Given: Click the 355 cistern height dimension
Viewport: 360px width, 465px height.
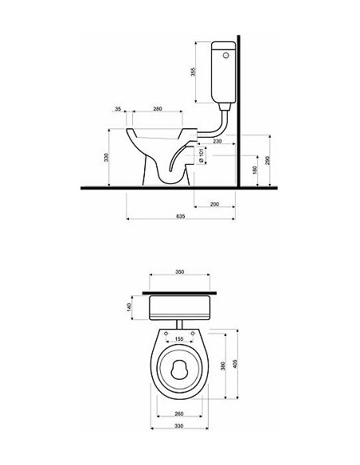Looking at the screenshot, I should tap(194, 71).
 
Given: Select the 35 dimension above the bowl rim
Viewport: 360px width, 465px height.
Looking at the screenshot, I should tap(118, 109).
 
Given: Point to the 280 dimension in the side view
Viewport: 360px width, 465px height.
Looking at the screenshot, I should tap(158, 109).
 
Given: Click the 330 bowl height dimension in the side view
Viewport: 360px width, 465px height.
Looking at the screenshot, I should tap(106, 158).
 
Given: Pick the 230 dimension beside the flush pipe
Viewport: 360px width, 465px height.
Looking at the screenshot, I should tap(217, 141).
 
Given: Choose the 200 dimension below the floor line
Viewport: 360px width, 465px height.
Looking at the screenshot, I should tap(213, 205).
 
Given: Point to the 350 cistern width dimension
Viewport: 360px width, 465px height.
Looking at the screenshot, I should tap(180, 273).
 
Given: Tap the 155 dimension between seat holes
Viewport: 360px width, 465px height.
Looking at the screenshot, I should tap(179, 339).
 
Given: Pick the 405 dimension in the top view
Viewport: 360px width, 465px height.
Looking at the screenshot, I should tap(237, 362).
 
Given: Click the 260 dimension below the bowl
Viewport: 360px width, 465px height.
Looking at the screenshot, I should tap(179, 414).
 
